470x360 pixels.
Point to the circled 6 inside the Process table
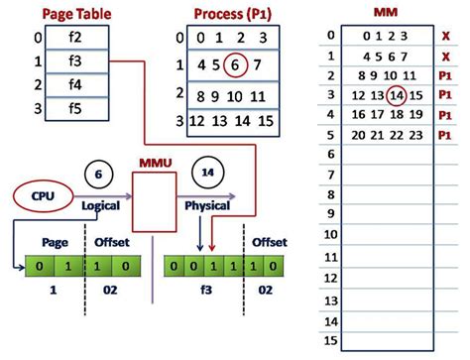[233, 66]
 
